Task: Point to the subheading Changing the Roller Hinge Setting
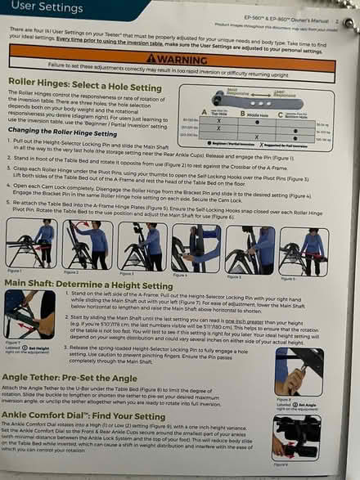click(66, 131)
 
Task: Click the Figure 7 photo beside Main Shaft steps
click(29, 315)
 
